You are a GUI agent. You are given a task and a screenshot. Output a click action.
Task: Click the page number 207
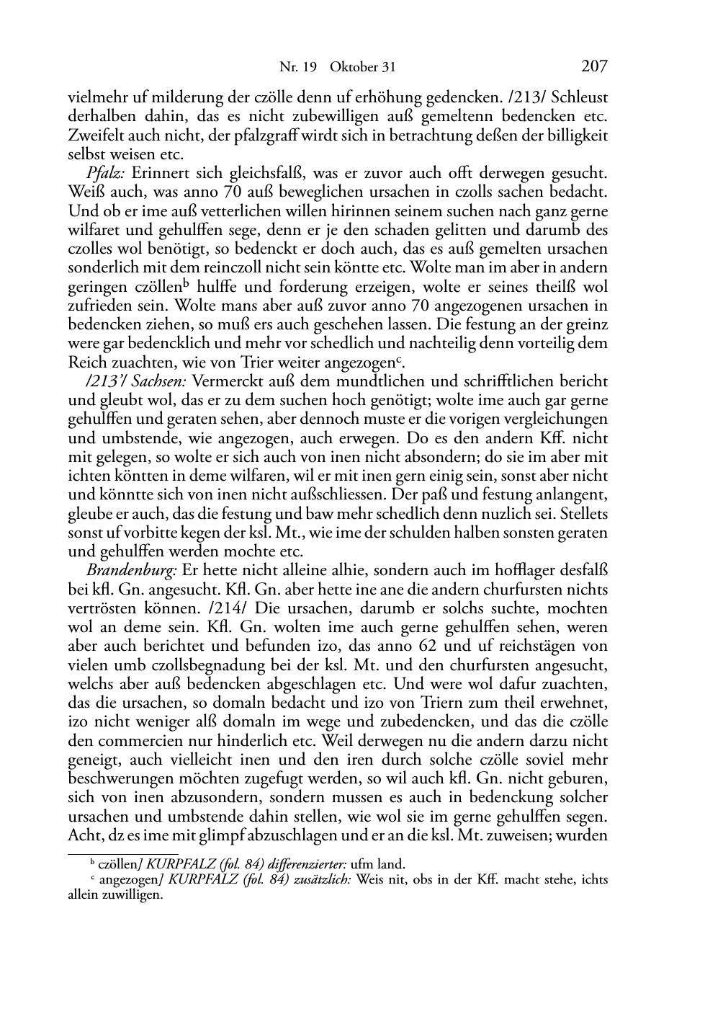(x=594, y=67)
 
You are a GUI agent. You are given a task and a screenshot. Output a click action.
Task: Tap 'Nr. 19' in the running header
(x=297, y=68)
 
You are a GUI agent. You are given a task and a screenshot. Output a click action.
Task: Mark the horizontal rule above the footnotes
(x=122, y=854)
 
